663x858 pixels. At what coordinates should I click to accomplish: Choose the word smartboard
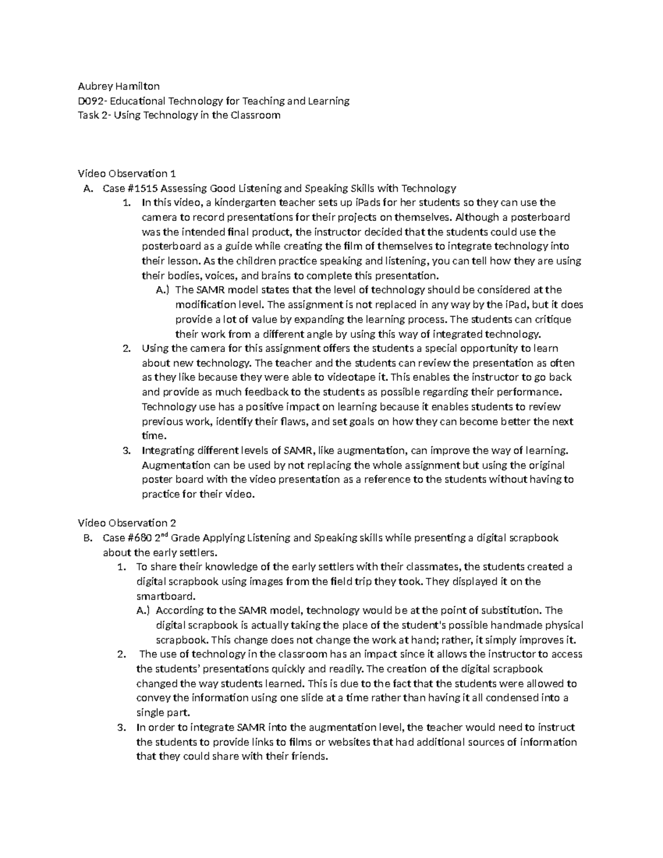165,596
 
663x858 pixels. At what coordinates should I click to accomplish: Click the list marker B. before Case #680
86,538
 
